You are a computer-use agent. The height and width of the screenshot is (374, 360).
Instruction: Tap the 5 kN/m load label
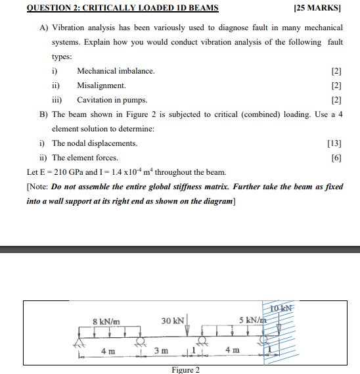click(252, 320)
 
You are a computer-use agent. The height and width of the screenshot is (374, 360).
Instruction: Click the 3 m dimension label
click(160, 350)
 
